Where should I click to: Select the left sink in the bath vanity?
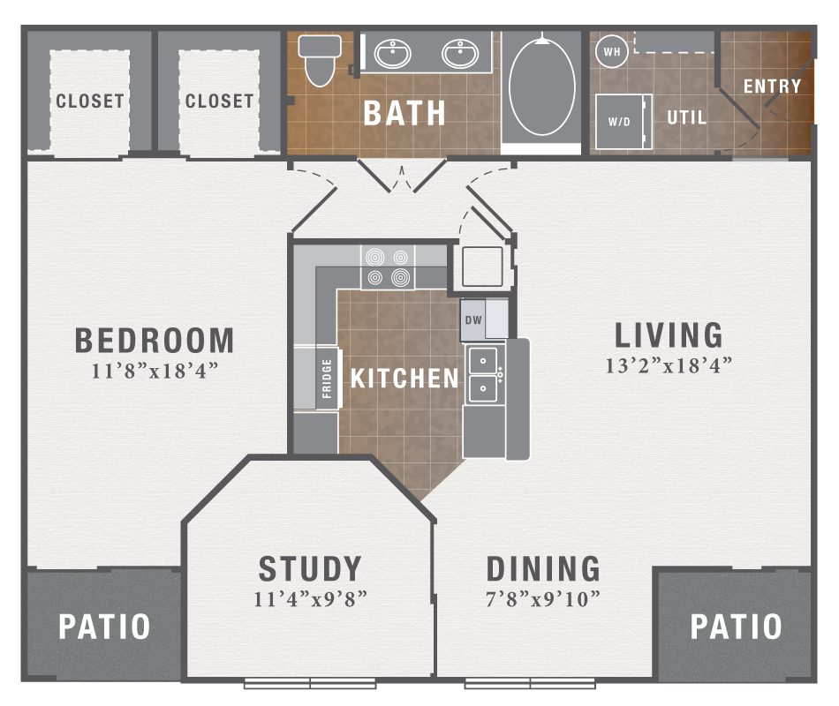pos(392,55)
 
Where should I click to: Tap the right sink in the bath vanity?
pos(459,55)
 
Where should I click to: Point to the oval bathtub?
pos(541,86)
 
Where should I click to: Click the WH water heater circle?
pos(611,52)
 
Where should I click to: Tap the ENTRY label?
pos(772,86)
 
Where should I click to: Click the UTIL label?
pos(686,117)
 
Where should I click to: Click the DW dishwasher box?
pos(474,320)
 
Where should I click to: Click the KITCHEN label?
pos(404,379)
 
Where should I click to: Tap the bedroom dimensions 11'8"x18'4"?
pos(155,372)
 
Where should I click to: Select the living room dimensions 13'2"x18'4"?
pos(669,365)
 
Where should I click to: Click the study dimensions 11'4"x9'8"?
pos(310,599)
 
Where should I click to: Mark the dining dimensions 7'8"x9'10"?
pos(543,599)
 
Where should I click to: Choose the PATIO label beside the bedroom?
pos(104,627)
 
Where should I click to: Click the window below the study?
pos(310,683)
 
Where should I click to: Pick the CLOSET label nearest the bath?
pos(219,101)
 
